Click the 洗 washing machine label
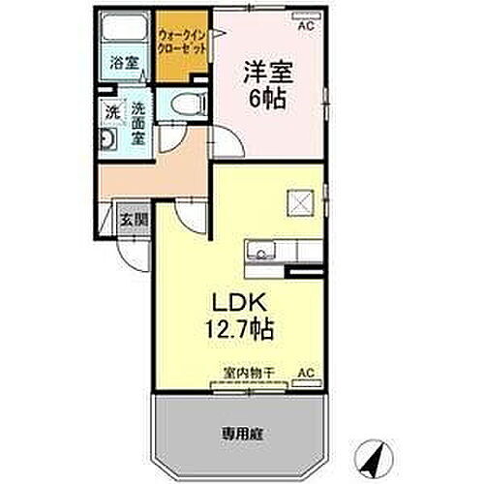click(x=113, y=113)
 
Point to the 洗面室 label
click(x=137, y=123)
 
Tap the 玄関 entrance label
click(x=134, y=220)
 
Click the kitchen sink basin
click(x=259, y=255)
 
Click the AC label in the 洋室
click(x=306, y=26)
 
